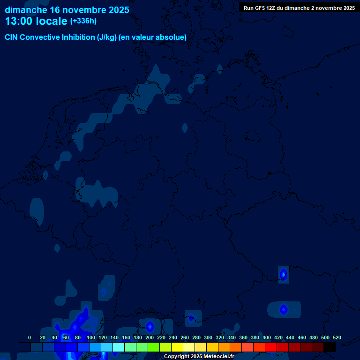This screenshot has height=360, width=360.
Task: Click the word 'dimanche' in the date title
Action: point(26,9)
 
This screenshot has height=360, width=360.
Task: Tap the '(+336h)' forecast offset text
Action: point(83,21)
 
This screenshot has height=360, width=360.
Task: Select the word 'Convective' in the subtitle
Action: point(41,37)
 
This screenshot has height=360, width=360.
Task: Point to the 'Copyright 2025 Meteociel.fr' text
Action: point(199,356)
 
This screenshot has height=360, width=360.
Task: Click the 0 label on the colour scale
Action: point(30,337)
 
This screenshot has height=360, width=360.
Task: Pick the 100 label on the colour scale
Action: point(91,337)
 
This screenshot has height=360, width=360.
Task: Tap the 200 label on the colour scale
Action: point(150,337)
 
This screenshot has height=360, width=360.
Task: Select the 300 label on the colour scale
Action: point(208,337)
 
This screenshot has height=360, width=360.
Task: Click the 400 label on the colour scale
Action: point(267,337)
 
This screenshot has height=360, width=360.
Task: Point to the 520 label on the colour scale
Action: point(337,337)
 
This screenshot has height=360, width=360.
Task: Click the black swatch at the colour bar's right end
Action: point(330,347)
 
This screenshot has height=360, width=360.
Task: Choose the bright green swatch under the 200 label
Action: point(154,347)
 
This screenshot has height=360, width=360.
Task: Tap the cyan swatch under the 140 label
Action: point(119,347)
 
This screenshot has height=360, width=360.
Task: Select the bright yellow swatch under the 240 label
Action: point(177,347)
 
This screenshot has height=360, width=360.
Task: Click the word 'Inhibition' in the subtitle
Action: point(78,37)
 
